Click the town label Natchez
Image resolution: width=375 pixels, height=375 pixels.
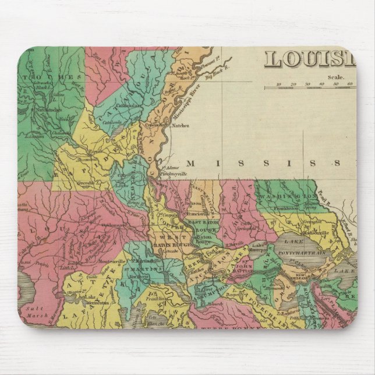coord(180,125)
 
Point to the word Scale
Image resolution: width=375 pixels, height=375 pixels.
coord(336,76)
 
